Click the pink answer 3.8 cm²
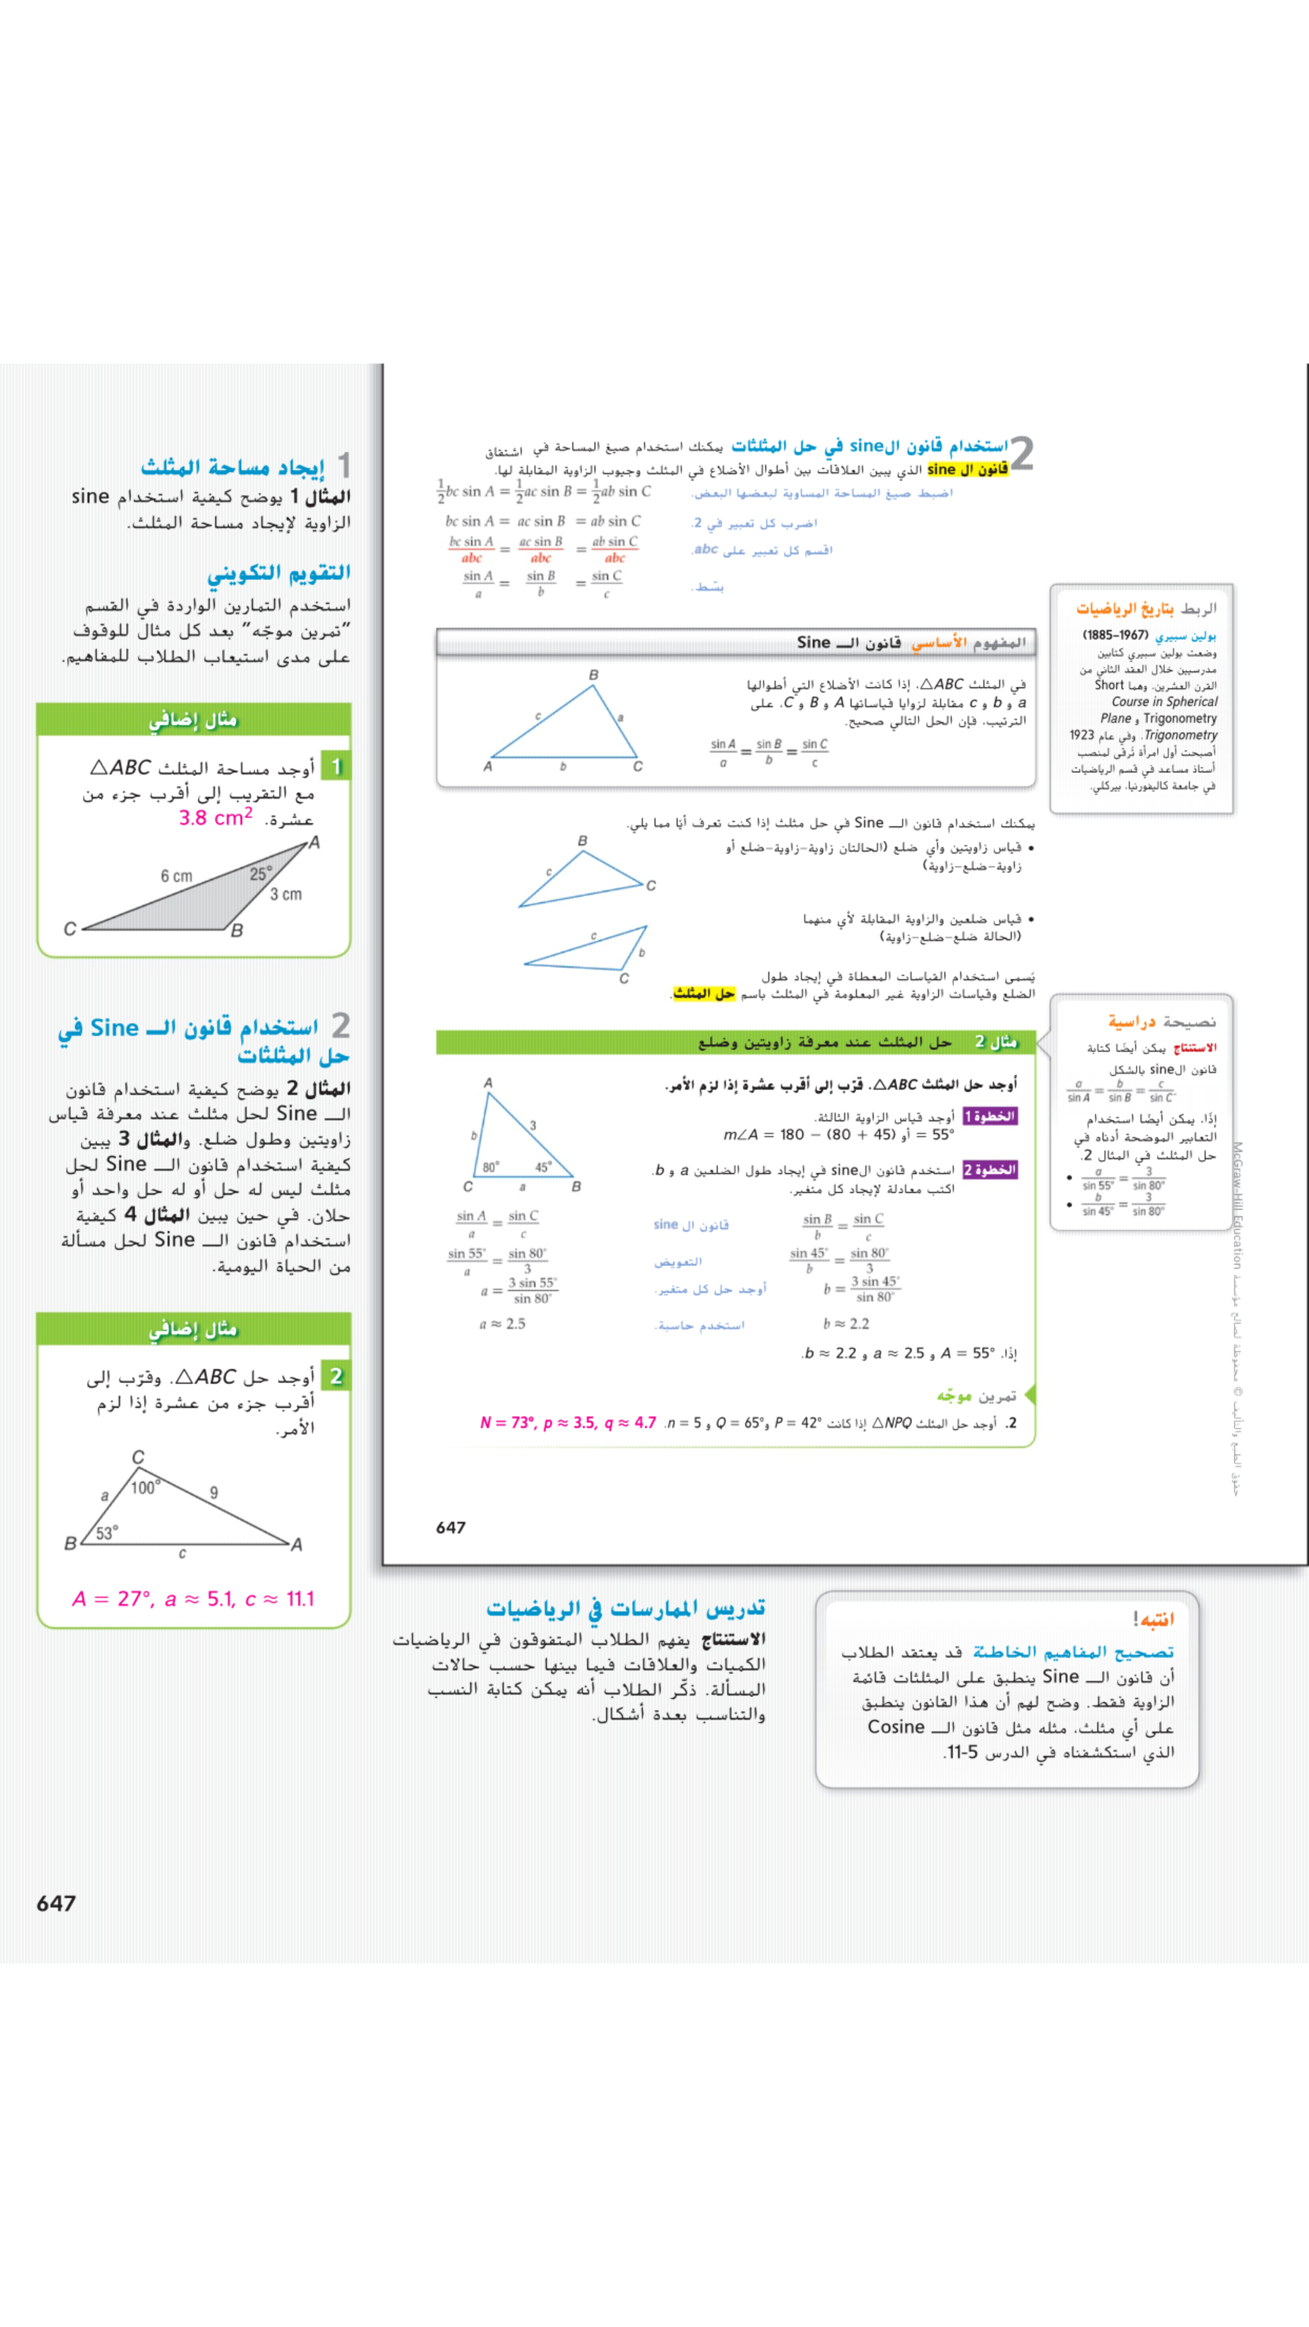point(215,818)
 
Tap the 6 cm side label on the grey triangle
point(176,876)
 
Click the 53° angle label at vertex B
point(107,1532)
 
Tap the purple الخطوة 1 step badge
point(990,1117)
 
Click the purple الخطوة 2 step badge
point(990,1170)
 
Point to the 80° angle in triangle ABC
point(491,1167)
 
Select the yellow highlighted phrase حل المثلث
point(704,993)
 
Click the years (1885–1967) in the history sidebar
point(1115,635)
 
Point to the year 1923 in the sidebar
point(1081,735)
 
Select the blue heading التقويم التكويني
point(278,573)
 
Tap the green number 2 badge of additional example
point(336,1377)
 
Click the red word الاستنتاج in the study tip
point(1195,1048)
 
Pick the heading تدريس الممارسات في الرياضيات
point(625,1609)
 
